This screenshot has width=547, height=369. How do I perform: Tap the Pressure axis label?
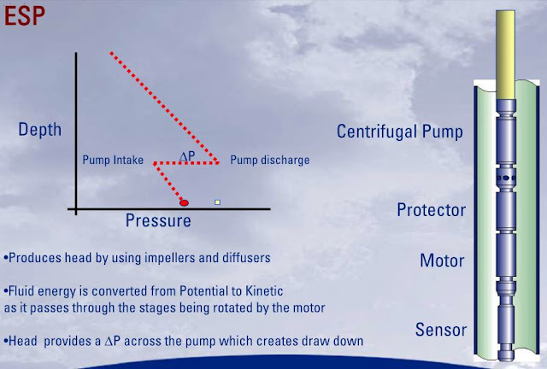pos(157,220)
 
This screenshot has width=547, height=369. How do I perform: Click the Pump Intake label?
pos(112,160)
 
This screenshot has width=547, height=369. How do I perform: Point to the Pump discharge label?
pos(270,160)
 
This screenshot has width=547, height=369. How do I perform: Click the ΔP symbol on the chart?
pos(188,155)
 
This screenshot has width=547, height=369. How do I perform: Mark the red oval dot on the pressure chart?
pos(183,202)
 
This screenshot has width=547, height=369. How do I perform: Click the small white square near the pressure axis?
pos(218,202)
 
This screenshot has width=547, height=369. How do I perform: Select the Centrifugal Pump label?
pos(400,132)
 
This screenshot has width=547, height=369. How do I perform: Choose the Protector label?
pos(431,210)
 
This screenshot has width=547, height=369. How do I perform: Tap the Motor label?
pos(442,261)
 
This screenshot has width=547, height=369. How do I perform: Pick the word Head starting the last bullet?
pos(23,340)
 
